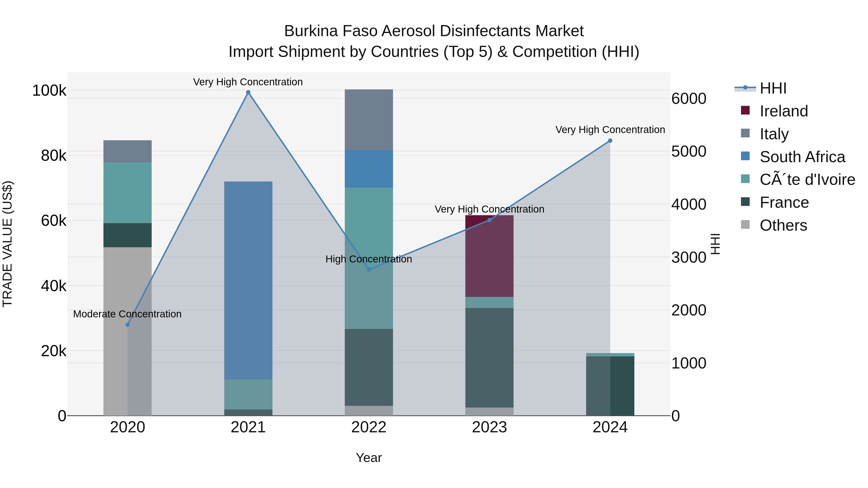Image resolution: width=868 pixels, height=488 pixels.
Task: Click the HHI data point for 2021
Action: (x=248, y=92)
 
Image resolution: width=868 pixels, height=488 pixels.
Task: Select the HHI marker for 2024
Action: (x=610, y=141)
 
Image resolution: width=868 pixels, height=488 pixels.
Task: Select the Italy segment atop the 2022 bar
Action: (x=369, y=120)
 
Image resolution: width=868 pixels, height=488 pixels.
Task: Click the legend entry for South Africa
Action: (x=802, y=157)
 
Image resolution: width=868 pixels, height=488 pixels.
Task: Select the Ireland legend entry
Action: (x=784, y=111)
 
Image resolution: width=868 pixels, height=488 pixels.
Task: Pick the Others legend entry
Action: (x=783, y=225)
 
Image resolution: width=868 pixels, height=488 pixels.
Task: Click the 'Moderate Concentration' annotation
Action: (x=127, y=314)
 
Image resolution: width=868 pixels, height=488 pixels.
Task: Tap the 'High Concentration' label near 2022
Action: (x=369, y=259)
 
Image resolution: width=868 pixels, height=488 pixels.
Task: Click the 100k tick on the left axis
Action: (x=49, y=91)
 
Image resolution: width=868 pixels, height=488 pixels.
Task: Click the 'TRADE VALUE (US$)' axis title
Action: (x=7, y=244)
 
